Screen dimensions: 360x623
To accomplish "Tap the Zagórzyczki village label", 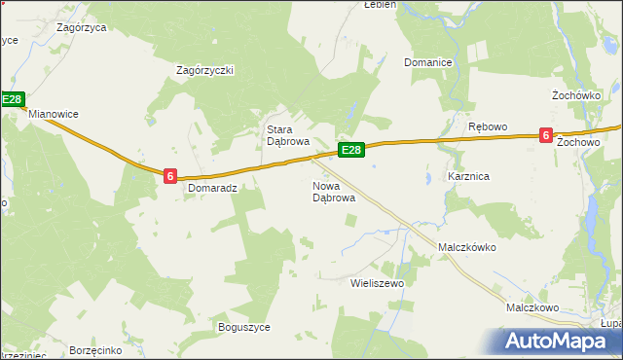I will [x=204, y=70].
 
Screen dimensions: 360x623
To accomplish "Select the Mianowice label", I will [x=54, y=114].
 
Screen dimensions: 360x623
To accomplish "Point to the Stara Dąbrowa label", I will [x=288, y=135].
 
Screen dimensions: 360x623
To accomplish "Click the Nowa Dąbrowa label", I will [x=333, y=192].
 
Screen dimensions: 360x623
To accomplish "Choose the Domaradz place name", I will [x=213, y=188].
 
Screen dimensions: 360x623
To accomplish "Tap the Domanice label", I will [x=428, y=62].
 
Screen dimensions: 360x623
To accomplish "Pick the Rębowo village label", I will [x=488, y=127].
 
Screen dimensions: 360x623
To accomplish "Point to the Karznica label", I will [x=468, y=177].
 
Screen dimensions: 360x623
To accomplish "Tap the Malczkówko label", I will [x=467, y=247].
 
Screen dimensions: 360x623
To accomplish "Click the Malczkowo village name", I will [x=531, y=307].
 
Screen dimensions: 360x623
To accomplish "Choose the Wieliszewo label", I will [x=376, y=283].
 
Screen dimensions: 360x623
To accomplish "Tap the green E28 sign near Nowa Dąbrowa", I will [x=351, y=150].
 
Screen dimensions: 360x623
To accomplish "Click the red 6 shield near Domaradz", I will [x=170, y=175].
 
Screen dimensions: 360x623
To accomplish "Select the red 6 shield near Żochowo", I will [x=546, y=136].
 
